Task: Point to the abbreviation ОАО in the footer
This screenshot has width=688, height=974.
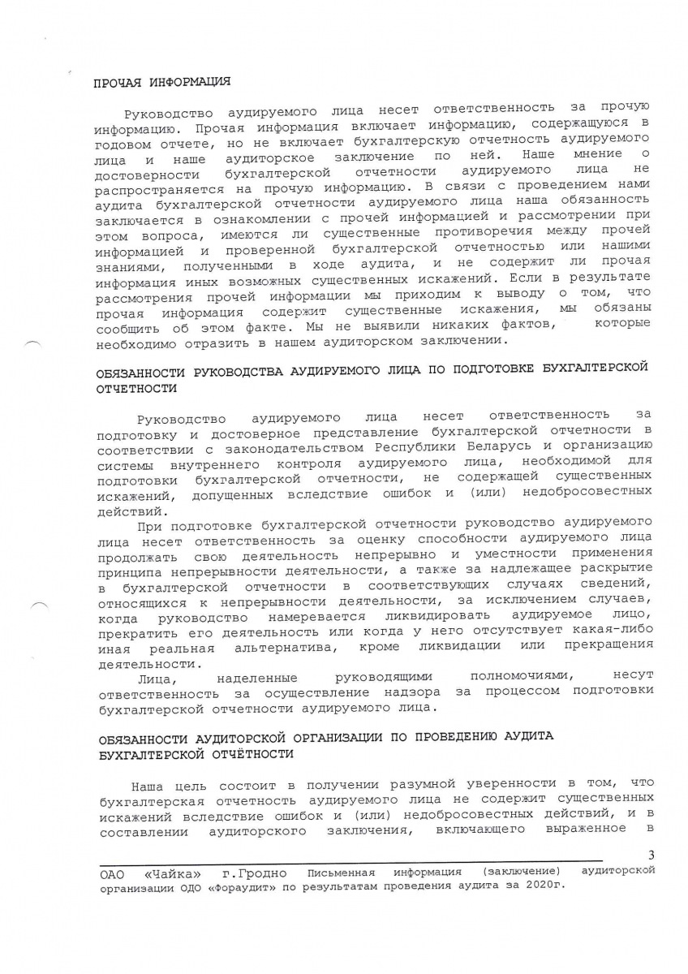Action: click(x=110, y=873)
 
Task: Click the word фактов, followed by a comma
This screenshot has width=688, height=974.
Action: click(x=518, y=325)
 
